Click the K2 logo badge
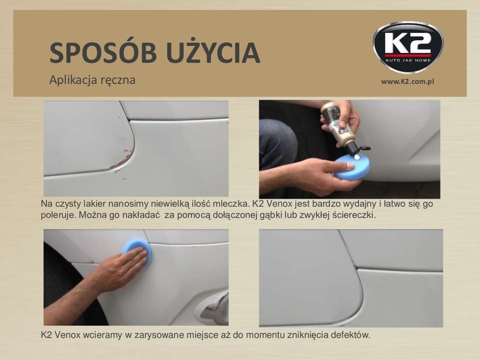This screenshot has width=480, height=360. (408, 47)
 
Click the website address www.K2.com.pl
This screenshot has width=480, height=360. (407, 82)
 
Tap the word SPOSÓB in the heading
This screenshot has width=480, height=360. (103, 52)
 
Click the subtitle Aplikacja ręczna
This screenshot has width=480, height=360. (92, 80)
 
